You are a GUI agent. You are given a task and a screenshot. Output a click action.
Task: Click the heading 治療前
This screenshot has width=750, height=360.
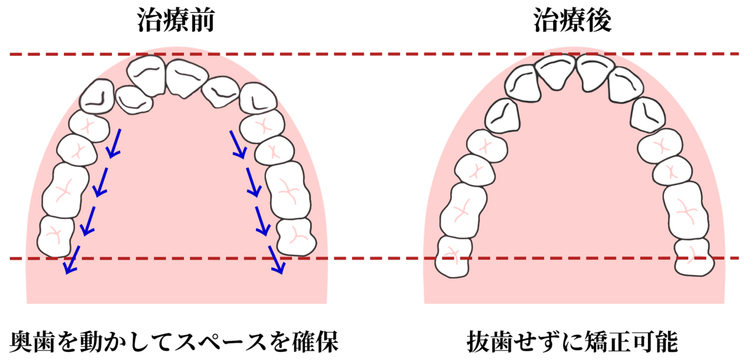[x=175, y=21]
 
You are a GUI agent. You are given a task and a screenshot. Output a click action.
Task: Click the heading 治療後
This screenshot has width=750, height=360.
[x=572, y=21]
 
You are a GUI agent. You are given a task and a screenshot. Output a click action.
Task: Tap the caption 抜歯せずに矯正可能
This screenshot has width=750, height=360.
[x=572, y=341]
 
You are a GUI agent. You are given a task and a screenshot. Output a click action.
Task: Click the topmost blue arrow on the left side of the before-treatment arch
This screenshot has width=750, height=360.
[x=114, y=143]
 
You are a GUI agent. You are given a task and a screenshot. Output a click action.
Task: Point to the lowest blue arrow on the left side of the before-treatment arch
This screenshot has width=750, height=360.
[x=73, y=260]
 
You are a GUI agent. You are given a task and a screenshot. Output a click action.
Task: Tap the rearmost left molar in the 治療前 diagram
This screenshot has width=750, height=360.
[x=56, y=236]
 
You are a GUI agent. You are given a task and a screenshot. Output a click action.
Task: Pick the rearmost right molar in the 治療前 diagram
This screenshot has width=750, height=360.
[x=296, y=237]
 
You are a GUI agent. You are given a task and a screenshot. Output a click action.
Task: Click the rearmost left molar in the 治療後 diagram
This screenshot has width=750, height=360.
[x=454, y=256]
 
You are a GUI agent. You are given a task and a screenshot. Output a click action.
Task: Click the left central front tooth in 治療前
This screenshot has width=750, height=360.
[x=146, y=75]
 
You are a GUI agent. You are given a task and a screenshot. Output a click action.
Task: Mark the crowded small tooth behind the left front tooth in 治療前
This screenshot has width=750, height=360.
[x=134, y=100]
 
